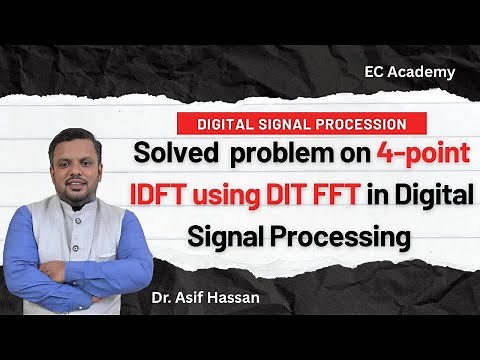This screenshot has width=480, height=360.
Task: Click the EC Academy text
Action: coord(410,71)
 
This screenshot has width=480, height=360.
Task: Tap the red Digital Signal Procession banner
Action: coord(293,125)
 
